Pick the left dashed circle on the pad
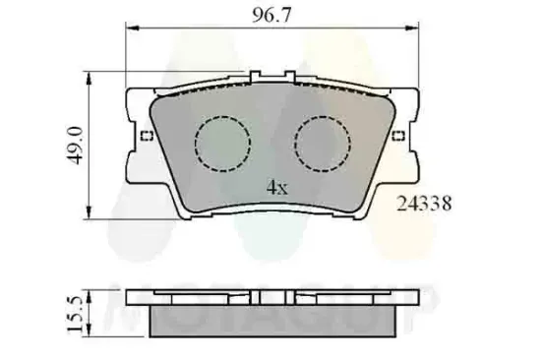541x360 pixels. (219, 143)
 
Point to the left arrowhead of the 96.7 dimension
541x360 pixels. (131, 30)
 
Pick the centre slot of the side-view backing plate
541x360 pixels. (271, 294)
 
